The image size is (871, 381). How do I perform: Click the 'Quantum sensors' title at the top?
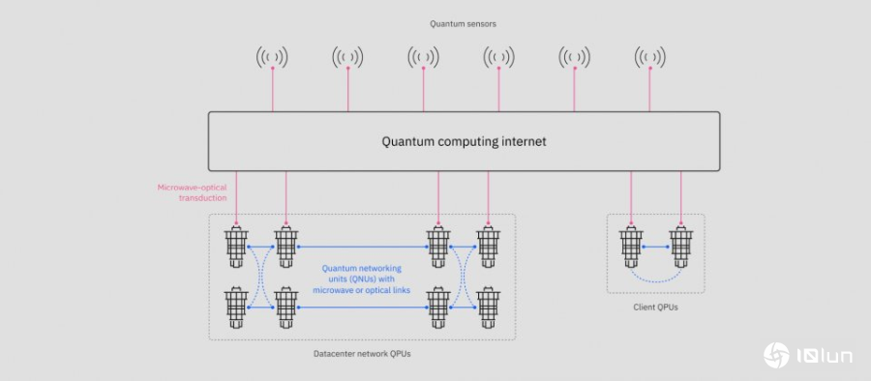pyautogui.click(x=464, y=23)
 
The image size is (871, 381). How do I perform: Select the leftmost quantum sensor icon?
pyautogui.click(x=273, y=57)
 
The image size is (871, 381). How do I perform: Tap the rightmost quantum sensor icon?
pyautogui.click(x=649, y=57)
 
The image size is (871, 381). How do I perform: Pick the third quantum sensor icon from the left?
pyautogui.click(x=423, y=57)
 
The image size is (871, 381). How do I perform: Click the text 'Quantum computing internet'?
pyautogui.click(x=464, y=141)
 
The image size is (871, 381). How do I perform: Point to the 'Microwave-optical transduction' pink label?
pyautogui.click(x=192, y=192)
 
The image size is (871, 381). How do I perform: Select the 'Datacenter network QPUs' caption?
pyautogui.click(x=362, y=354)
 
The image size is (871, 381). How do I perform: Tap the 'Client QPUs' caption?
pyautogui.click(x=655, y=308)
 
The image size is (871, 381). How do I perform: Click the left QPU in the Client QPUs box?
pyautogui.click(x=631, y=248)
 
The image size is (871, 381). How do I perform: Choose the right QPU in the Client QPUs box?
pyautogui.click(x=681, y=248)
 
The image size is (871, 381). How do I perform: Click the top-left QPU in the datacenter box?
pyautogui.click(x=235, y=248)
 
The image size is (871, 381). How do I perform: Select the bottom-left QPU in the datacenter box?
pyautogui.click(x=235, y=307)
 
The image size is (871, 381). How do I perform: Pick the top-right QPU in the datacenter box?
pyautogui.click(x=489, y=248)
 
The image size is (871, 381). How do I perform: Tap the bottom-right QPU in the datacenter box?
pyautogui.click(x=489, y=307)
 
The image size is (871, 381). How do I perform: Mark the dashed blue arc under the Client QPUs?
pyautogui.click(x=656, y=280)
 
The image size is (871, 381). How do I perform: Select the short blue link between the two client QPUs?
pyautogui.click(x=656, y=248)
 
